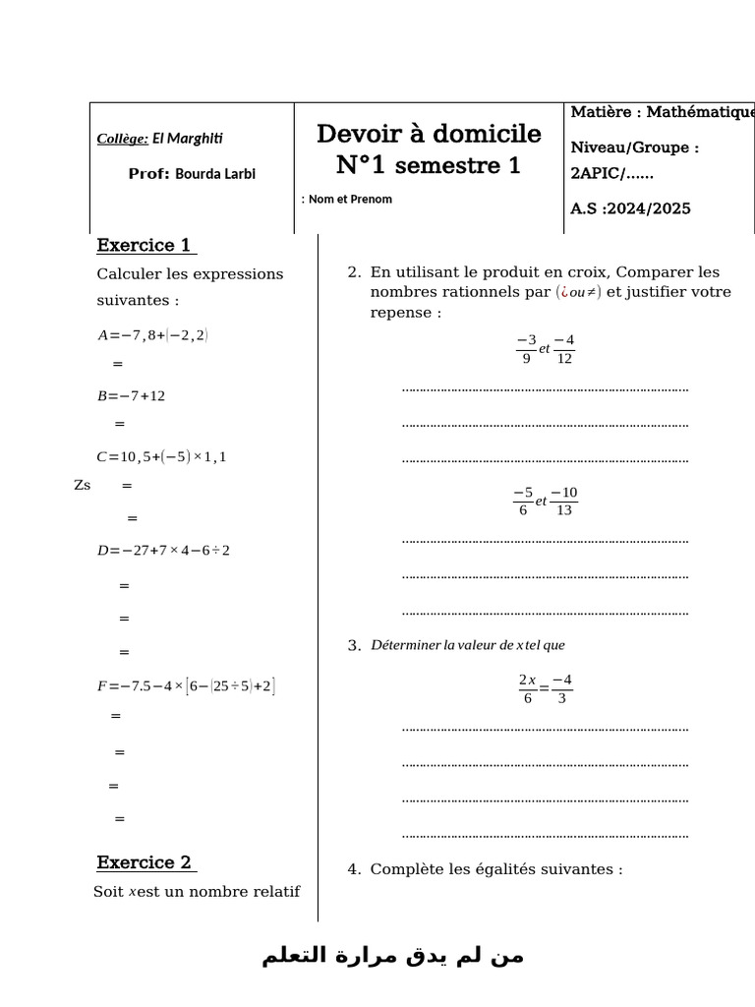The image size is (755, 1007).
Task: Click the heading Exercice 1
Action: pyautogui.click(x=145, y=245)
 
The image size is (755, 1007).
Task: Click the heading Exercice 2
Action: pyautogui.click(x=145, y=862)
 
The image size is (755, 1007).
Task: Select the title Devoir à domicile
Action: pyautogui.click(x=429, y=134)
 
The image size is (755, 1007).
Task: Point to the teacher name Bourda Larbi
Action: pyautogui.click(x=215, y=174)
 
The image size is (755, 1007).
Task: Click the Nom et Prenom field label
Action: pyautogui.click(x=349, y=200)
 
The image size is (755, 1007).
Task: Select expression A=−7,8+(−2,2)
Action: pyautogui.click(x=152, y=335)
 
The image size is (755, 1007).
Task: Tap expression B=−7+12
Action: pyautogui.click(x=131, y=396)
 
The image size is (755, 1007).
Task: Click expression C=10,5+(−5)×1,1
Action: pyautogui.click(x=161, y=457)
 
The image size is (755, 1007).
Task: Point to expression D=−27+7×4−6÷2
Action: pyautogui.click(x=163, y=551)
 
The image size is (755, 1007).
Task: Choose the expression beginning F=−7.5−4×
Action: pyautogui.click(x=186, y=685)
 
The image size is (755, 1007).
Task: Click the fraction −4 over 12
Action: pyautogui.click(x=563, y=349)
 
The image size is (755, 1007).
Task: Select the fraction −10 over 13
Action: pyautogui.click(x=564, y=501)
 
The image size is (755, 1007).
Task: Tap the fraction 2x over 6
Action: pyautogui.click(x=527, y=688)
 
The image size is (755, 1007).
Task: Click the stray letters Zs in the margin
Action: pyautogui.click(x=83, y=486)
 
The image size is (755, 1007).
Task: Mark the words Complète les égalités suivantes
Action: pyautogui.click(x=496, y=869)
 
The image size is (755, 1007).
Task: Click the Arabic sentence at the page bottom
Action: pyautogui.click(x=393, y=957)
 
